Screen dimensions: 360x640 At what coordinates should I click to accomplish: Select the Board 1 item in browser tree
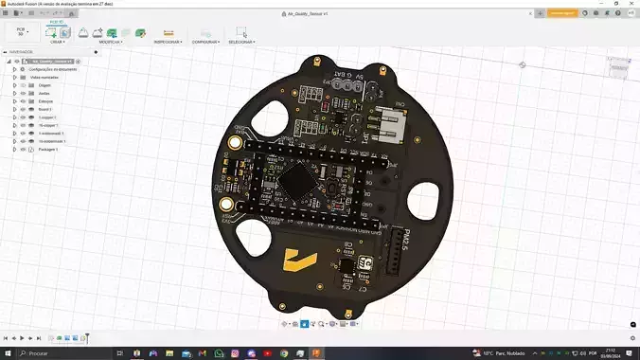45,110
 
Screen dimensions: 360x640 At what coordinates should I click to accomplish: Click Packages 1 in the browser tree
48,150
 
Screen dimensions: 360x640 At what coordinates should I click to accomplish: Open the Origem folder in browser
45,85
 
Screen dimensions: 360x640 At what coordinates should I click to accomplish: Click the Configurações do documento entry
52,69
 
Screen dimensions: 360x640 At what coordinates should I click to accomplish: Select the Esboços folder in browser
45,101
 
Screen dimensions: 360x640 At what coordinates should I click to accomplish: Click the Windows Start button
9,352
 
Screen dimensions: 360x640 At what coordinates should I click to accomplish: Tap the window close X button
631,4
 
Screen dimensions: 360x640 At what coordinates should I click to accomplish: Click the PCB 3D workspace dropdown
20,32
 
